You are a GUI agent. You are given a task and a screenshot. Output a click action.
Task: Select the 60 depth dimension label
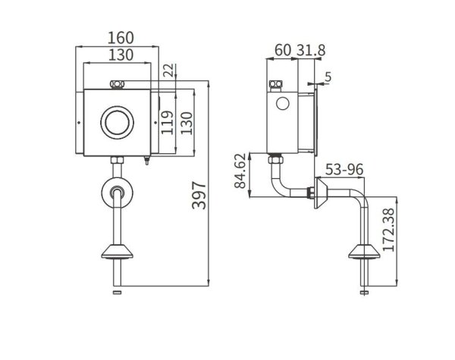[283, 51]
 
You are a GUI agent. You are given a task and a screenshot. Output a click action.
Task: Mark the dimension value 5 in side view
[328, 76]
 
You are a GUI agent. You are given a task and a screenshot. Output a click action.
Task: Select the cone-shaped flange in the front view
[117, 253]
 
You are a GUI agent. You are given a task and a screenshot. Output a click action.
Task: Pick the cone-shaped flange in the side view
[364, 253]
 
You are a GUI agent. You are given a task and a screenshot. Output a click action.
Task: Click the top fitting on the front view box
[118, 83]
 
